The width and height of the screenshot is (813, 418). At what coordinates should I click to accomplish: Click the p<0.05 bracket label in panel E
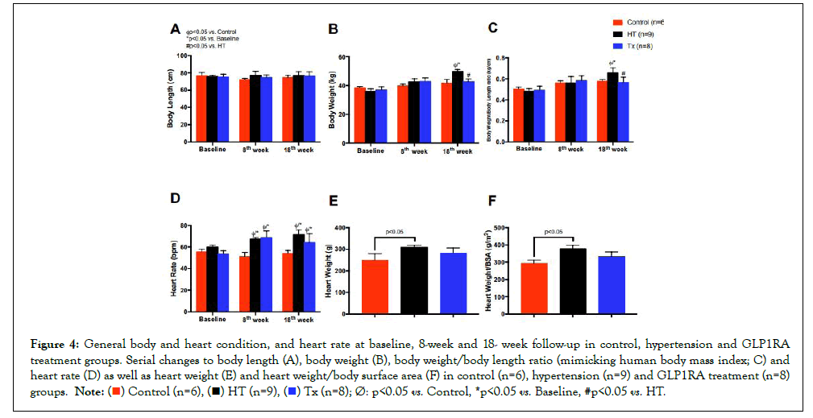395,232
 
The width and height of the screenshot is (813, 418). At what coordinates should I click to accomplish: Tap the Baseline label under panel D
212,320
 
